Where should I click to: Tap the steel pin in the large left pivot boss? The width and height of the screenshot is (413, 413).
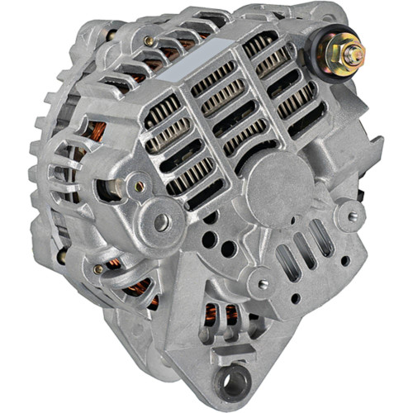coord(162,221)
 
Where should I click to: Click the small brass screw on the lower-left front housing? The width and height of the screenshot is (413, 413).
coord(98,269)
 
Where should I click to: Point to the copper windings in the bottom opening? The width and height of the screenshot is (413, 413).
coord(221,315)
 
